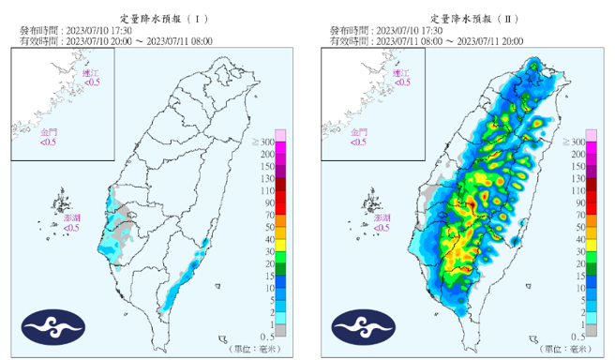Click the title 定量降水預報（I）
(x=155, y=18)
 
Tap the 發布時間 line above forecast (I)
(x=75, y=30)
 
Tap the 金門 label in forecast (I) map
(x=47, y=133)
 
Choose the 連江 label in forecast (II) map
(x=403, y=73)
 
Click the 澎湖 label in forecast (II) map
(x=381, y=217)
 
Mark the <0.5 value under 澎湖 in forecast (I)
(x=71, y=227)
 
